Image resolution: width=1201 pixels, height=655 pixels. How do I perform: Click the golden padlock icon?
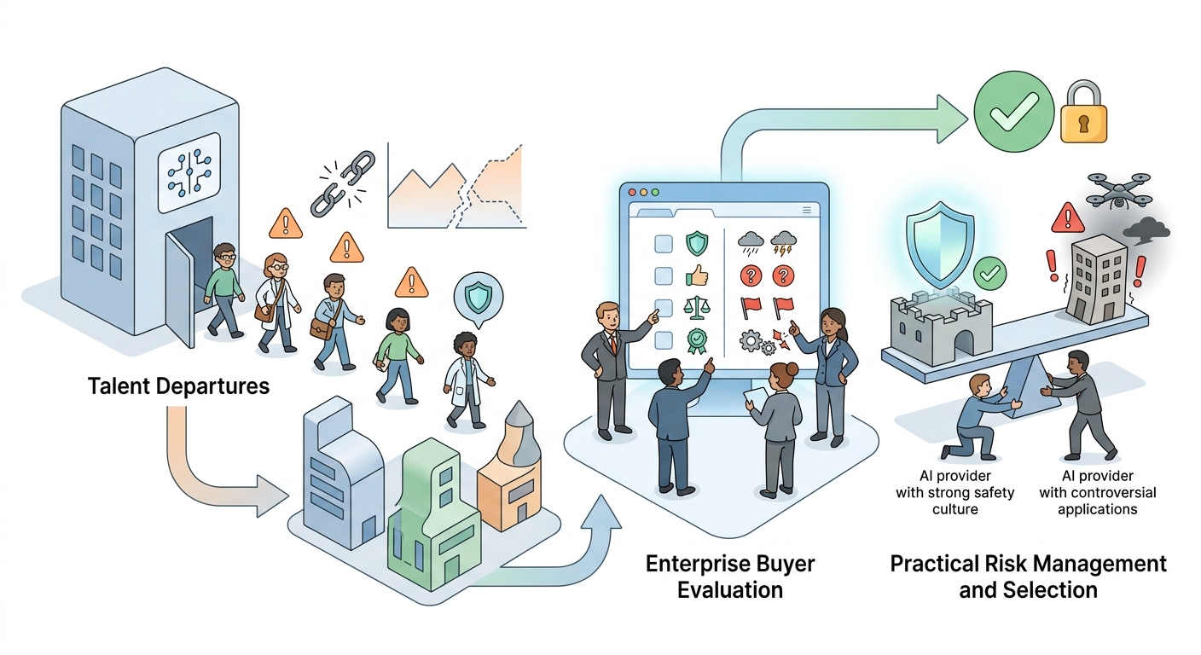point(1083,113)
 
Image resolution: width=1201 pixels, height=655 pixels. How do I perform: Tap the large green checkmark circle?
point(1013,112)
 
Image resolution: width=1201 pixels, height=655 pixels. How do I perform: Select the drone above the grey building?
point(1119,190)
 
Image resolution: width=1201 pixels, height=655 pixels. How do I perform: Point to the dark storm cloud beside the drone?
point(1146,230)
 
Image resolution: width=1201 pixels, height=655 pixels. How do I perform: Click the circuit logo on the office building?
point(189,172)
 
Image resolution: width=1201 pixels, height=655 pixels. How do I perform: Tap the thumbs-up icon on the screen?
point(697,276)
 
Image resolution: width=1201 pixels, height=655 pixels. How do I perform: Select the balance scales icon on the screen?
point(697,308)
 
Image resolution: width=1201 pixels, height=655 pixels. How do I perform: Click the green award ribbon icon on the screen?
point(697,341)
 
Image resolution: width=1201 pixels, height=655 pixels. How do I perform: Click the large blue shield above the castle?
point(940,244)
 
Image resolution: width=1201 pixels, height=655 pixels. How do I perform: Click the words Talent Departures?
point(178,386)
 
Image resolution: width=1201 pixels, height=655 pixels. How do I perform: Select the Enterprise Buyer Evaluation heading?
point(729,577)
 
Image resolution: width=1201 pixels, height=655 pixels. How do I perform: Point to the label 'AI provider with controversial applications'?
point(1097,492)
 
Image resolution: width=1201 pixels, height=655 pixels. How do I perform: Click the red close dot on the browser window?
point(631,192)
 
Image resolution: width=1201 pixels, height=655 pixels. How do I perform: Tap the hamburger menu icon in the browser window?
point(806,210)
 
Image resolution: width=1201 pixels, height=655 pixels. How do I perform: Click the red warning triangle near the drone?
point(1068,217)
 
